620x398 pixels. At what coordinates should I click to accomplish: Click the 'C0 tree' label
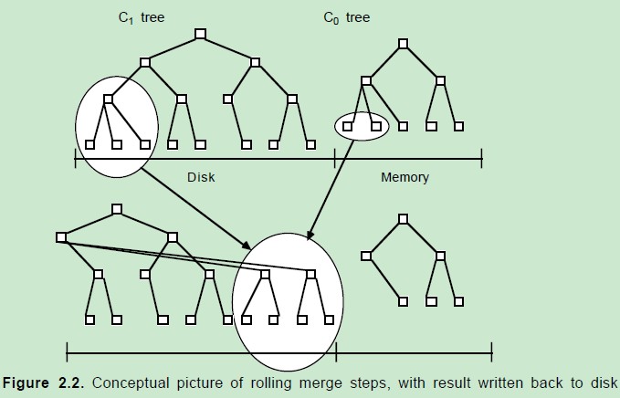(347, 18)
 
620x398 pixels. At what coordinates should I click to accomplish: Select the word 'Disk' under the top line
(200, 177)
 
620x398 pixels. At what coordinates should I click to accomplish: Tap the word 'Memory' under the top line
(405, 177)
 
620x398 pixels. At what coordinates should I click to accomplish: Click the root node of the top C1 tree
(200, 35)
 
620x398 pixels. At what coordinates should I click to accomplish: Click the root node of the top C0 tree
(403, 44)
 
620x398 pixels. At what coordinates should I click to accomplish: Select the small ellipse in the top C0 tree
(362, 126)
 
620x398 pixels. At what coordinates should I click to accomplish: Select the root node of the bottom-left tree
(117, 209)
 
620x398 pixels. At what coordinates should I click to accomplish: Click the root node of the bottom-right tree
(403, 218)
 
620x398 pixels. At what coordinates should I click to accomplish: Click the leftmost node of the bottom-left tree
(61, 237)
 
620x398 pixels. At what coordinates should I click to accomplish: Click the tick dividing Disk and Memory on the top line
(335, 161)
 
